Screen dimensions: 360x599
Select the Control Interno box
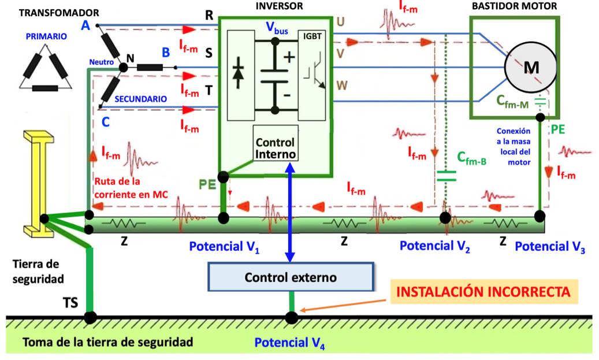[275, 149]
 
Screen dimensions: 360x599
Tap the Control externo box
[291, 277]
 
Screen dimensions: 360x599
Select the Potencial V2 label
[434, 247]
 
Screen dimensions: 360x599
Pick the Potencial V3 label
[549, 247]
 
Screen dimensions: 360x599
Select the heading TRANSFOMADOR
[58, 12]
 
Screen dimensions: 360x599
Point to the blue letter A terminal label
[85, 25]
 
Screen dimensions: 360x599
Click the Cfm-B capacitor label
[471, 159]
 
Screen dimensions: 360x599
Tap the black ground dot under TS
[90, 317]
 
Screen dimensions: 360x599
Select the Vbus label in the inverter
[277, 28]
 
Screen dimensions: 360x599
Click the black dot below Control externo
[291, 317]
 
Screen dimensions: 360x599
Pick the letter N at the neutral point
[130, 58]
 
